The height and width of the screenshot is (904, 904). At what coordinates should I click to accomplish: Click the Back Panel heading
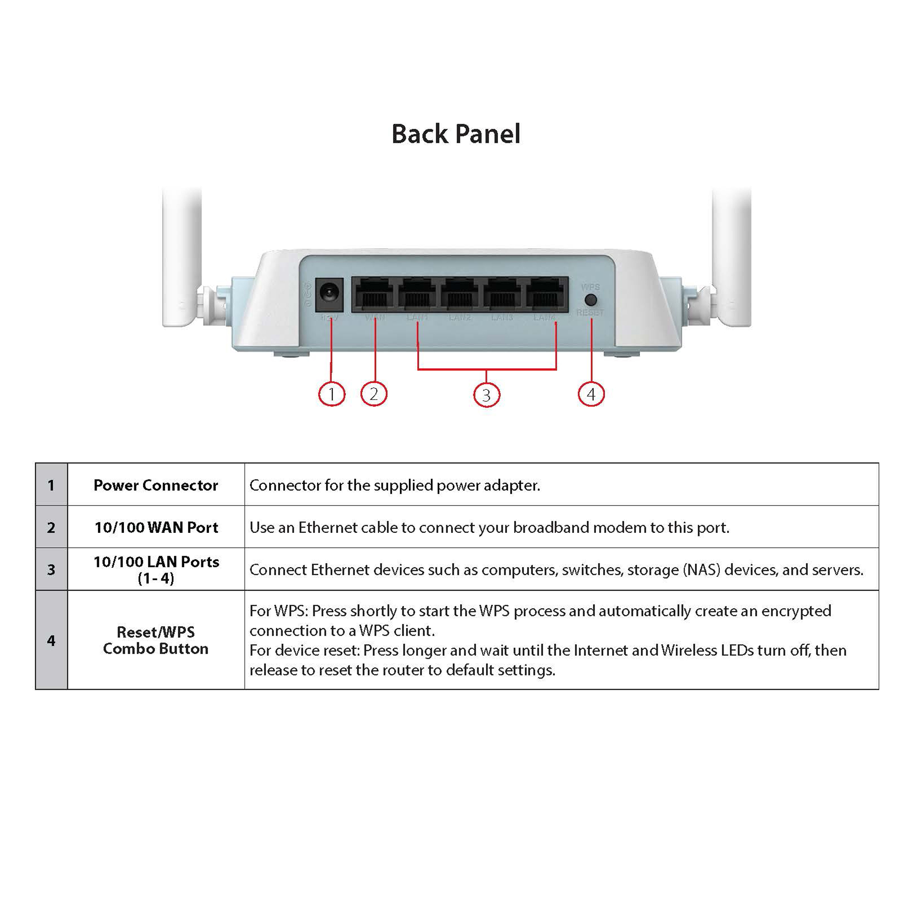(455, 134)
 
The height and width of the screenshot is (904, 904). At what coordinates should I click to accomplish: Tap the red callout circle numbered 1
(331, 394)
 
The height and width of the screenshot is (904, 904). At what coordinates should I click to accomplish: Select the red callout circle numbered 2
(374, 394)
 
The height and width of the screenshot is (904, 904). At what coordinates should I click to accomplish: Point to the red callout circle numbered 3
(486, 395)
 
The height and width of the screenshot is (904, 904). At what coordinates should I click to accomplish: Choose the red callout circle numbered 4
(591, 394)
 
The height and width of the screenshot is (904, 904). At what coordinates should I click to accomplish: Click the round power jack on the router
(329, 292)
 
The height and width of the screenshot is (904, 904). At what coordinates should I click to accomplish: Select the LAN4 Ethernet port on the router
(545, 294)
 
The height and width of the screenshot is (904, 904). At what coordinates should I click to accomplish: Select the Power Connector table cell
(156, 485)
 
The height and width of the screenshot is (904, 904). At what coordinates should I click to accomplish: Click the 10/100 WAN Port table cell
(156, 527)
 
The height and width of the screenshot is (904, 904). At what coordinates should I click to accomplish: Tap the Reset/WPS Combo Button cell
(156, 640)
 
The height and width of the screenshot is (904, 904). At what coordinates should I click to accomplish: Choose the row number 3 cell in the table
(51, 569)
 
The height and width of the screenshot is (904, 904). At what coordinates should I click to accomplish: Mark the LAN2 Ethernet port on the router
(459, 294)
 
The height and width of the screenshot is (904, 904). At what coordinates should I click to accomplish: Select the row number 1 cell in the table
(51, 485)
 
